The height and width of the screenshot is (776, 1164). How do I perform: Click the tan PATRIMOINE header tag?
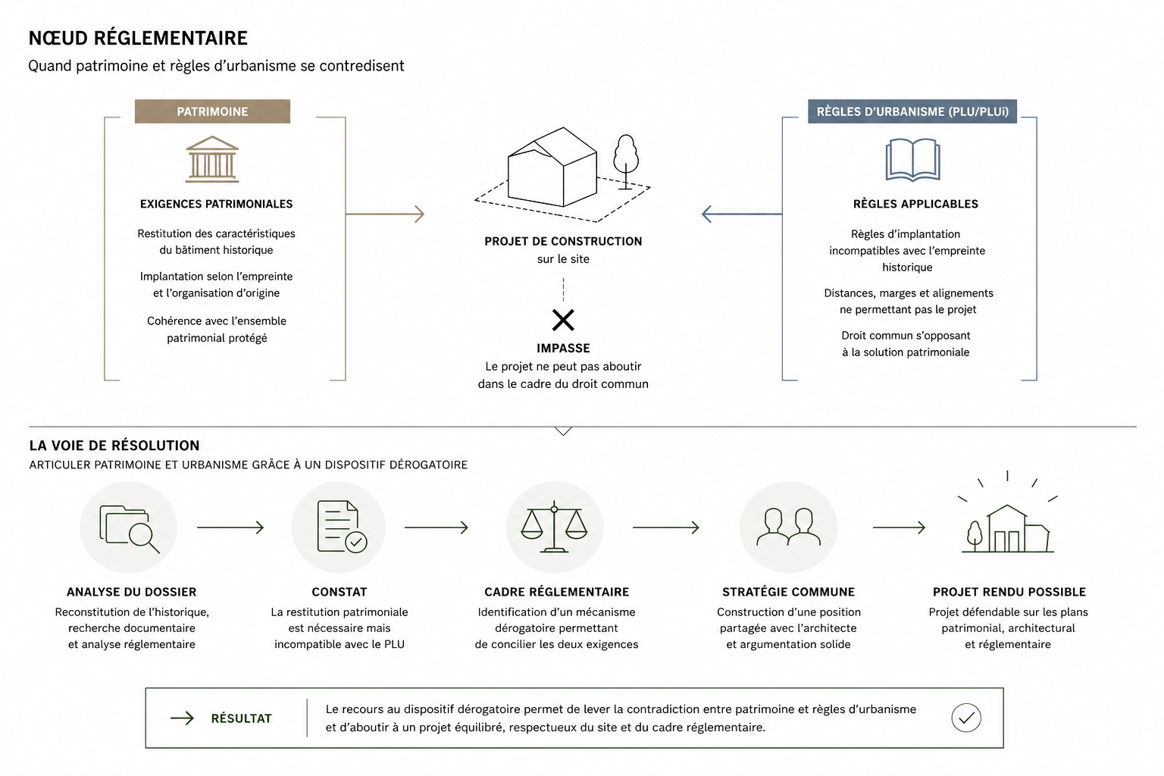point(212,111)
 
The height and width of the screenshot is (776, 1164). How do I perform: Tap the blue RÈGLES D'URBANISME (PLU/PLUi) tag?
point(912,111)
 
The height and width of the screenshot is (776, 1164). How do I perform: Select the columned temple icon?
point(212,159)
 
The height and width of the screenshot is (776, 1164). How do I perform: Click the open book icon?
point(912,160)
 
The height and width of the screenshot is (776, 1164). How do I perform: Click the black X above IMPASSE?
point(563,320)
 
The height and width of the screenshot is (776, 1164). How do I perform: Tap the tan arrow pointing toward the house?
point(385,214)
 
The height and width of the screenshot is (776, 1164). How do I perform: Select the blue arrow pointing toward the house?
point(742,214)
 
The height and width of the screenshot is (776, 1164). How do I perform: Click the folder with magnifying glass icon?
point(129,528)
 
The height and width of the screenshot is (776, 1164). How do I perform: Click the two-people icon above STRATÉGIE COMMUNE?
point(788,527)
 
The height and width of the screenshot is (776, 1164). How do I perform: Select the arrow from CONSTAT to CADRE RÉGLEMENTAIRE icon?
point(436,527)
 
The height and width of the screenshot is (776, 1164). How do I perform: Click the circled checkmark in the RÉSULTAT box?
point(966,718)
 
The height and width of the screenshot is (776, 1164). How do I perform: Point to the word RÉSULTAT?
point(241,718)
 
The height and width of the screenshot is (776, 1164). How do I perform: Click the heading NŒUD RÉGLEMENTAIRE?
point(138,38)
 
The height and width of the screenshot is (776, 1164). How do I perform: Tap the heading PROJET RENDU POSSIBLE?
point(1009,592)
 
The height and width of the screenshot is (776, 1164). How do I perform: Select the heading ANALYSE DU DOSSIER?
point(131,592)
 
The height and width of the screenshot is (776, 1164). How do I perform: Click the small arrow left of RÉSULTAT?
point(182,718)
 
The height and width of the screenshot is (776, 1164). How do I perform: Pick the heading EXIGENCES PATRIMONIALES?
point(216,204)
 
